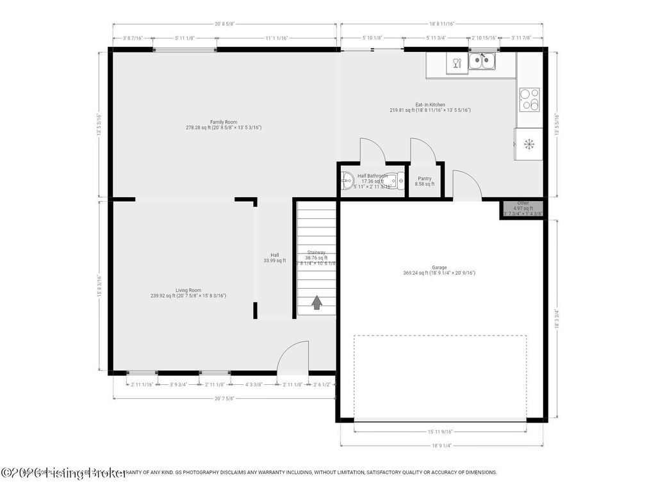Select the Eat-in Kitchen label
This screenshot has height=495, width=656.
[x=430, y=105]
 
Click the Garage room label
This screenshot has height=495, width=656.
[x=439, y=268]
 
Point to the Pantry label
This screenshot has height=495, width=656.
[x=424, y=179]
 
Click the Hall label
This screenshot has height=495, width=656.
[x=274, y=255]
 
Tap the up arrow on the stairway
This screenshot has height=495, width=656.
[x=316, y=302]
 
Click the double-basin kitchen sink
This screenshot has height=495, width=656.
[x=481, y=61]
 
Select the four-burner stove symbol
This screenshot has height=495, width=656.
[x=529, y=100]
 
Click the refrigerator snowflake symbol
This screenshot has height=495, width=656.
[x=529, y=144]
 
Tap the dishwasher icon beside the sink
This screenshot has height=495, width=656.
[x=457, y=63]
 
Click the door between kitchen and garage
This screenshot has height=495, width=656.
[x=466, y=186]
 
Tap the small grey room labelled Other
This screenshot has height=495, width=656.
[x=523, y=209]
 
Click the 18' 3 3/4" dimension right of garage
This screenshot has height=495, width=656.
[x=557, y=319]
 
